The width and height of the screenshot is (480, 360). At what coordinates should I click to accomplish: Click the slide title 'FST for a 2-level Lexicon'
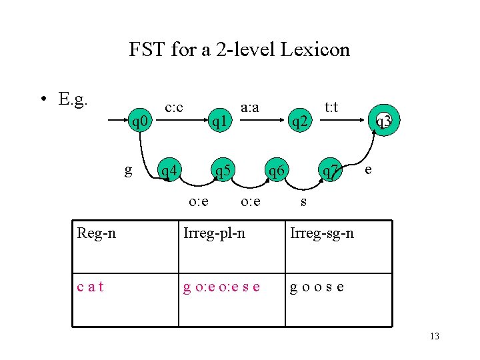click(x=239, y=49)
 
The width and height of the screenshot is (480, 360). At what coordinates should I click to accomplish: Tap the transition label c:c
click(x=174, y=107)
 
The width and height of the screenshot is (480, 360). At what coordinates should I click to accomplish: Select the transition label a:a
click(x=250, y=107)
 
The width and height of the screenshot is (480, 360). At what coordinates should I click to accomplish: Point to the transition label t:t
click(x=331, y=107)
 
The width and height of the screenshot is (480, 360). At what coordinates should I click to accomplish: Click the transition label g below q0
click(x=128, y=171)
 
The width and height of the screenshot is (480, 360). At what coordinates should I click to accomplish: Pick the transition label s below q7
click(x=303, y=201)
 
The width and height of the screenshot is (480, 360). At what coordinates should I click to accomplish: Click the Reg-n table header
click(x=97, y=233)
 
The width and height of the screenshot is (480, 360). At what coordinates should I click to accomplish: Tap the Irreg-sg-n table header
click(x=321, y=233)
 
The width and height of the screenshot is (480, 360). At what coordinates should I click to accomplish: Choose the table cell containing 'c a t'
click(x=90, y=287)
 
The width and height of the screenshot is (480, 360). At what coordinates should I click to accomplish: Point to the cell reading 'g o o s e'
click(x=317, y=287)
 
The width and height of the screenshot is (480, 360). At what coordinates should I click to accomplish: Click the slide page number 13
click(x=435, y=336)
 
